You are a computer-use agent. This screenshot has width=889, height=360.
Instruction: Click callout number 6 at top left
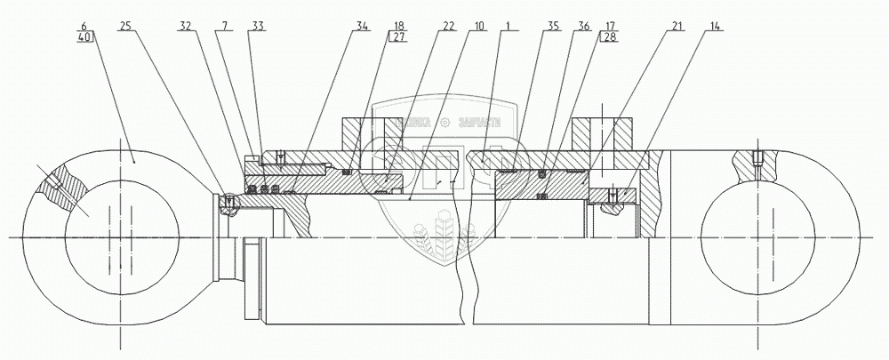pyautogui.click(x=84, y=28)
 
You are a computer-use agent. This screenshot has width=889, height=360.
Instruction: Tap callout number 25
pyautogui.click(x=125, y=28)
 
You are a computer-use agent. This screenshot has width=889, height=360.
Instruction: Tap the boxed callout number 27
pyautogui.click(x=399, y=38)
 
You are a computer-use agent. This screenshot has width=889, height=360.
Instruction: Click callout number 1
pyautogui.click(x=504, y=28)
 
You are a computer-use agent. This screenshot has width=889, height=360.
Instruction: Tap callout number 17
pyautogui.click(x=613, y=28)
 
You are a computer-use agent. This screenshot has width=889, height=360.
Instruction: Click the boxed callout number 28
pyautogui.click(x=613, y=38)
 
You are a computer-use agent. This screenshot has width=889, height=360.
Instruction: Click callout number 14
pyautogui.click(x=717, y=28)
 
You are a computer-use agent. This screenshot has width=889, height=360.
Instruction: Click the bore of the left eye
pyautogui.click(x=111, y=236)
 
